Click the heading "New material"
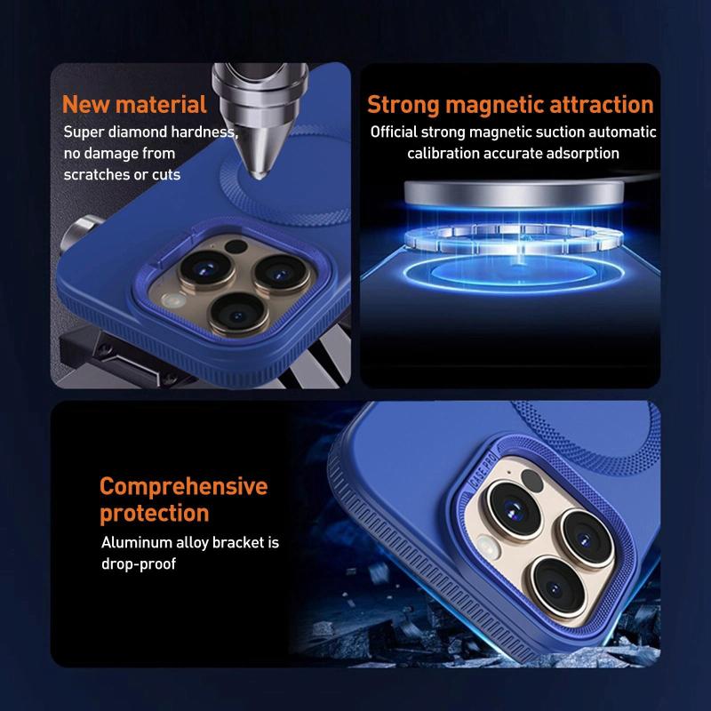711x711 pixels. (x=134, y=104)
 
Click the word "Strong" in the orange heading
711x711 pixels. (x=403, y=105)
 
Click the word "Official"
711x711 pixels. (x=394, y=132)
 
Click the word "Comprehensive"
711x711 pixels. (x=184, y=487)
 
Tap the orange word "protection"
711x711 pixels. (x=154, y=514)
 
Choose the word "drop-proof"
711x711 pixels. (x=139, y=564)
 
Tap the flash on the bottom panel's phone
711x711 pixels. (x=487, y=547)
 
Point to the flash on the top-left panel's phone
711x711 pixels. (x=173, y=300)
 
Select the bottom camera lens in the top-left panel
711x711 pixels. (x=237, y=314)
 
